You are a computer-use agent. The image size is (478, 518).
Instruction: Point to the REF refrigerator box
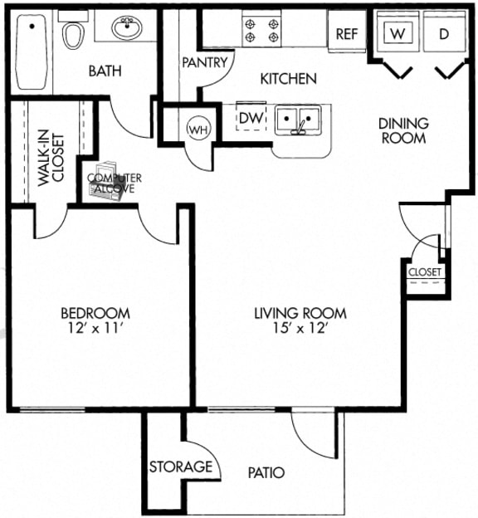(346, 33)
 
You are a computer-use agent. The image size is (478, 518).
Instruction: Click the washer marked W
(399, 34)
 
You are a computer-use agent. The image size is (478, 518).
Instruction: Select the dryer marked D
(443, 34)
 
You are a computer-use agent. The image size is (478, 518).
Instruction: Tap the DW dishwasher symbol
(251, 119)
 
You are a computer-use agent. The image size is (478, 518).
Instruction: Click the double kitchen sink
(298, 121)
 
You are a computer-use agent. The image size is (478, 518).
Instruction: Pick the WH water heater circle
(198, 129)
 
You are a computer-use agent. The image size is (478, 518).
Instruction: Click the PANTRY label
(204, 62)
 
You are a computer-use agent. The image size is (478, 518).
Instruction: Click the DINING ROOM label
(403, 130)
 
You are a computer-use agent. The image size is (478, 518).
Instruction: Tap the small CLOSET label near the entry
(425, 271)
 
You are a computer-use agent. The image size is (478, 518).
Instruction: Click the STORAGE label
(180, 467)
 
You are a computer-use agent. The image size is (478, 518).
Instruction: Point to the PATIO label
(266, 473)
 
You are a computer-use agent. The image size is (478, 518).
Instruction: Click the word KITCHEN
(289, 79)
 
